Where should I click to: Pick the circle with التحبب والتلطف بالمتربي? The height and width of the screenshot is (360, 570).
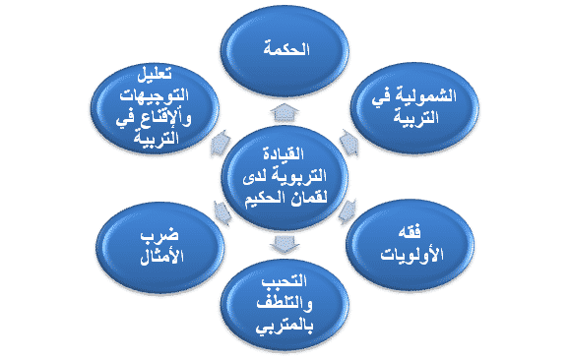point(285,304)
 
